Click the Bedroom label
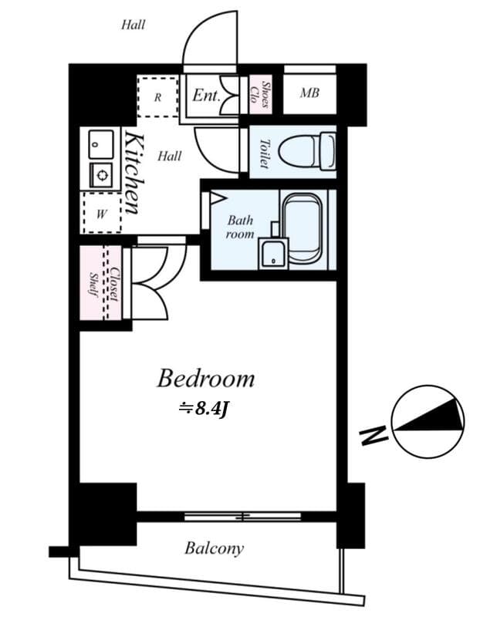205,378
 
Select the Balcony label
214,548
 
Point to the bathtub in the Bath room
302,228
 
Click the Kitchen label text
133,173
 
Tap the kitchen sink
101,143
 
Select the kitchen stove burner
101,174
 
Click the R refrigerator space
157,97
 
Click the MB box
309,94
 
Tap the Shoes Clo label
261,94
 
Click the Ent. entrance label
206,96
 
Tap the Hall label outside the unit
133,25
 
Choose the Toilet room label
263,153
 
